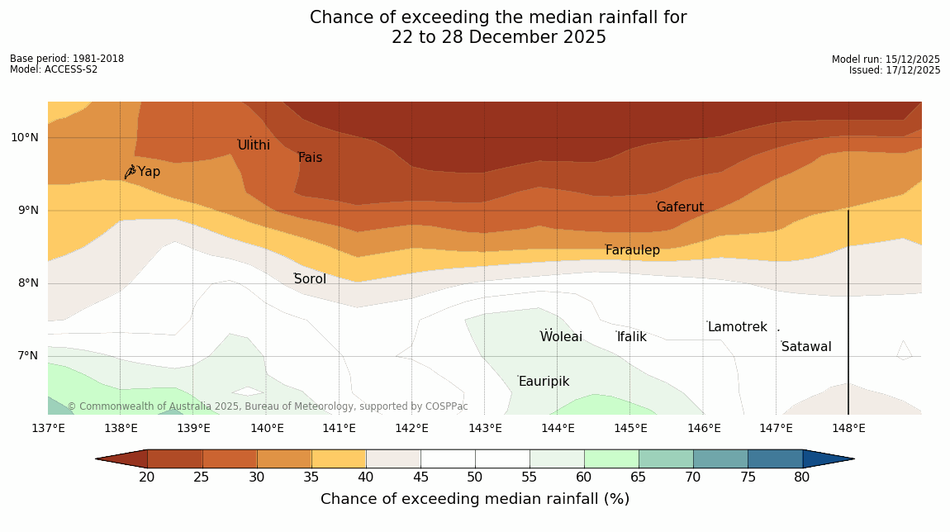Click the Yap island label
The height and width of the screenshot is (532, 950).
[x=149, y=172]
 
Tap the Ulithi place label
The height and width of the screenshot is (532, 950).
[x=254, y=145]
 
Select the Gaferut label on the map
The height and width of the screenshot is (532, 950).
[x=680, y=207]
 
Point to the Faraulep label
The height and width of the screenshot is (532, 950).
[x=632, y=250]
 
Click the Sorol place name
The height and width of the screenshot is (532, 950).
[x=310, y=279]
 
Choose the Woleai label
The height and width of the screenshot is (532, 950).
[x=561, y=337]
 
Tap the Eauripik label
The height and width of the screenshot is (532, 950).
[x=544, y=382]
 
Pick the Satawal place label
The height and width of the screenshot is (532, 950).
[x=806, y=347]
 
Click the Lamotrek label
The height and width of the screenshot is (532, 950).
[x=737, y=327]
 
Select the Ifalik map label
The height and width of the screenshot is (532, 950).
[x=631, y=337]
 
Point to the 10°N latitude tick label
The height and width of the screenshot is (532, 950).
[x=25, y=138]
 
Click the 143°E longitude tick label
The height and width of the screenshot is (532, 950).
[x=485, y=428]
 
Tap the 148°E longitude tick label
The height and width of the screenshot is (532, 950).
[x=848, y=428]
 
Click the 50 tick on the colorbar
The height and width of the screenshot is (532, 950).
[x=474, y=477]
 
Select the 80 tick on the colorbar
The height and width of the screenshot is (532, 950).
[x=802, y=477]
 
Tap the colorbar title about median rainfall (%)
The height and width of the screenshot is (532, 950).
[x=474, y=499]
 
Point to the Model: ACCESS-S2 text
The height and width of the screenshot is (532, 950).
[x=54, y=69]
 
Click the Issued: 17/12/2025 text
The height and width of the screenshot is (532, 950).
[x=895, y=70]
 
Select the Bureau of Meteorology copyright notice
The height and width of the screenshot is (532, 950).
[x=267, y=406]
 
